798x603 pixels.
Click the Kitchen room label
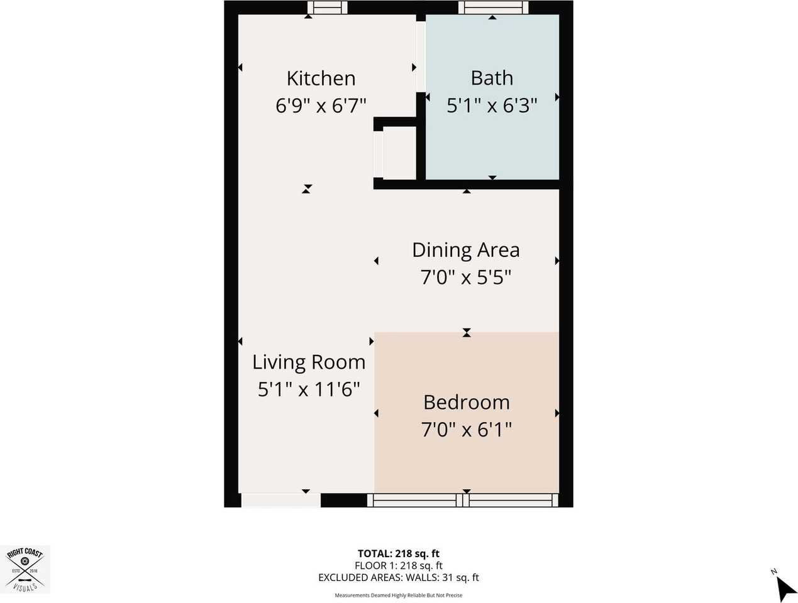point(321,79)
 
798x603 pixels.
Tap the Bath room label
point(492,78)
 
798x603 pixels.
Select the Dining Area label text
point(465,250)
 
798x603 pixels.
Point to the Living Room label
point(309,362)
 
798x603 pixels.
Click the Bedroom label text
point(466,403)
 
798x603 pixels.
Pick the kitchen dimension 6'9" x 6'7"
point(321,106)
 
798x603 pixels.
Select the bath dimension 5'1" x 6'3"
point(492,106)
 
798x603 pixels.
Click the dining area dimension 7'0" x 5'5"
point(465,277)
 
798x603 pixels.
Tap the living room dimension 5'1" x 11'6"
point(309,389)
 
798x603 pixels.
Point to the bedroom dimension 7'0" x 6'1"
point(466,430)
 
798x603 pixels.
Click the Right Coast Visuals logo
point(25,569)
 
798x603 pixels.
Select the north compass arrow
point(784,589)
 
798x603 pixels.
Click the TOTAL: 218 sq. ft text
point(398,553)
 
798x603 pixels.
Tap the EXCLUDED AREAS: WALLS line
point(398,577)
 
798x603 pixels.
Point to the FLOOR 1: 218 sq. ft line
point(398,565)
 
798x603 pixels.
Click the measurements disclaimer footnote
point(398,595)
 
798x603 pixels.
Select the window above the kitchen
point(327,8)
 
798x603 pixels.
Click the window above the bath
point(492,8)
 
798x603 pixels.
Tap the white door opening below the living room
point(280,500)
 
